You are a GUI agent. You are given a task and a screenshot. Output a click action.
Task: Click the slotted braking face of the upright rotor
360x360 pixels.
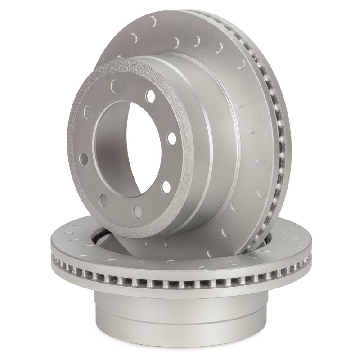point(243,112)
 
